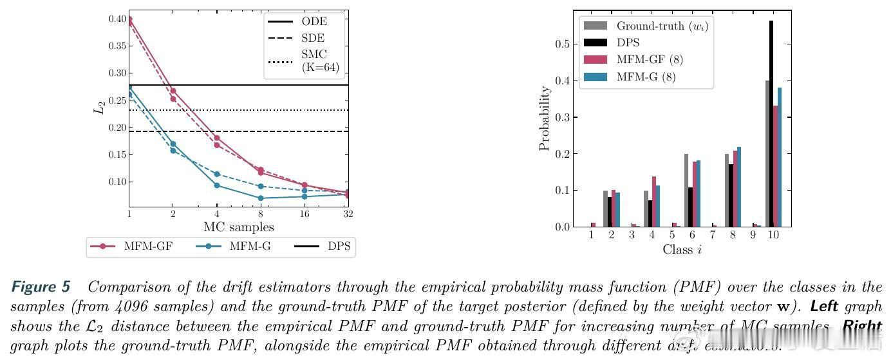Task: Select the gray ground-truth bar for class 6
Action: (x=686, y=191)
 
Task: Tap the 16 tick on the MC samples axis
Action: (x=304, y=214)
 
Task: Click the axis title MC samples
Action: (x=239, y=227)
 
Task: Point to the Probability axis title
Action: (x=545, y=118)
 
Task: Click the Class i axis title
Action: (x=682, y=249)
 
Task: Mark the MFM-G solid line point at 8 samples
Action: (x=261, y=198)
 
